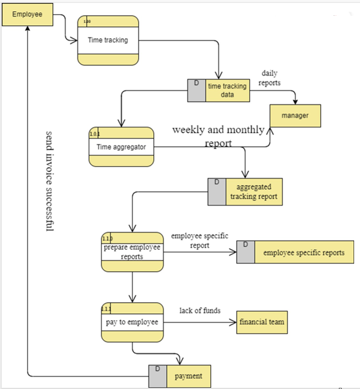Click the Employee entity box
point(28,15)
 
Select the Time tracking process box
point(109,40)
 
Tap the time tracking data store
point(227,90)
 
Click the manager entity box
point(295,116)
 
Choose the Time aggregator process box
point(121,147)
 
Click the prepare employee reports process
point(132,252)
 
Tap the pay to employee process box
point(132,322)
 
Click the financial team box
point(263,322)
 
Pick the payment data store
point(188,376)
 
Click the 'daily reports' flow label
point(270,78)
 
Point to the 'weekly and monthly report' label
point(218,136)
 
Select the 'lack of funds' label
point(200,310)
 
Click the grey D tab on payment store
point(157,376)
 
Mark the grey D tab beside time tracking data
point(196,90)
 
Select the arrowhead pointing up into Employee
point(28,30)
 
